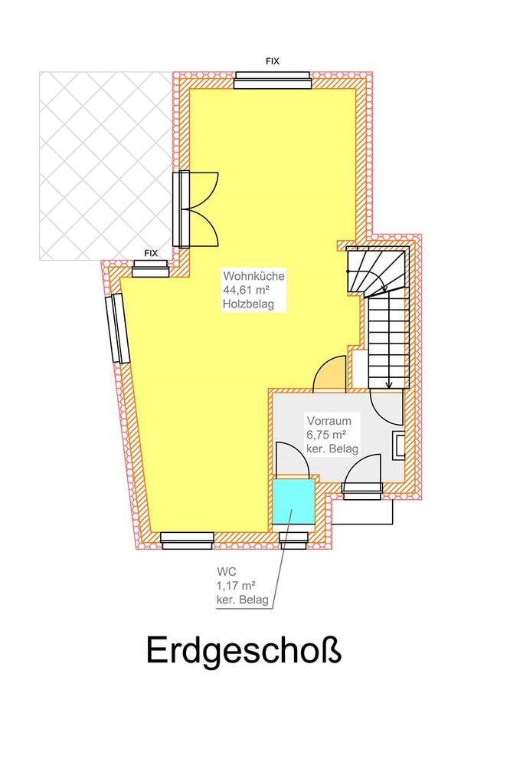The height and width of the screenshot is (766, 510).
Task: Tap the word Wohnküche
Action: [253, 275]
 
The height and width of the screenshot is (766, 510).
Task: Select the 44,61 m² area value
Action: [247, 290]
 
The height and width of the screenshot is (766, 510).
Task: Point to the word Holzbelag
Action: [248, 304]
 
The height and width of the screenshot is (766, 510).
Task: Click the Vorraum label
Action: [329, 420]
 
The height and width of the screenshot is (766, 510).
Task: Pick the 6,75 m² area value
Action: [326, 434]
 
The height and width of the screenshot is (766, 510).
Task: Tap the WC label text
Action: [227, 571]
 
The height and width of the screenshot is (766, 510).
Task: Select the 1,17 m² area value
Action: [237, 585]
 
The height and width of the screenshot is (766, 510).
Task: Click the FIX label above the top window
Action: [273, 61]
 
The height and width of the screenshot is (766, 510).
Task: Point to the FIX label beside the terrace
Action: [151, 253]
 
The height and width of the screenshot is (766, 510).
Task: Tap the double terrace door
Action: [195, 209]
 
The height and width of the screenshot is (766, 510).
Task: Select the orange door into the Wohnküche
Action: [329, 373]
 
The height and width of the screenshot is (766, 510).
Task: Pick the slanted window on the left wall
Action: [118, 328]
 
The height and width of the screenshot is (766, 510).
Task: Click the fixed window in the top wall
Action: [273, 80]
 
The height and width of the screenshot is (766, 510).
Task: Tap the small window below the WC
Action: [293, 541]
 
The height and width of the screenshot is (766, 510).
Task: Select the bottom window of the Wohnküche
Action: [188, 541]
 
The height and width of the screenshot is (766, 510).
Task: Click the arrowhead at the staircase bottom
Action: [388, 385]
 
